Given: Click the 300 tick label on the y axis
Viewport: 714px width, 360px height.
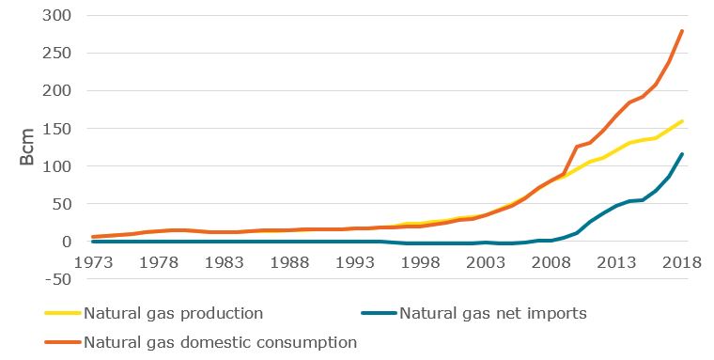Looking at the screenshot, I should [x=58, y=16].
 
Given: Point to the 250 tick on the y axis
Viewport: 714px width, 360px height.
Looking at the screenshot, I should [x=58, y=54].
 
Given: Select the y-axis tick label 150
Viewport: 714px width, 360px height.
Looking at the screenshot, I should [x=58, y=129].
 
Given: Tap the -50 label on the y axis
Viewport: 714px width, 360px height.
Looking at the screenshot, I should [x=58, y=279].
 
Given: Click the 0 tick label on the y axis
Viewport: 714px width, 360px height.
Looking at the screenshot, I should [x=68, y=242].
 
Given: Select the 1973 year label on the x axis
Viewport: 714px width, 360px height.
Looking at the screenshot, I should [x=93, y=262].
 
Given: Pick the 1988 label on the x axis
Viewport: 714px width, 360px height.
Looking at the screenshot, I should [x=289, y=262].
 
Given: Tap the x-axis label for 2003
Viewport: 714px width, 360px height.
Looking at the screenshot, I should [x=486, y=262].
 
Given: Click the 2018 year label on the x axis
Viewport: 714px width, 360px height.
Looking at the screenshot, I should [x=682, y=262].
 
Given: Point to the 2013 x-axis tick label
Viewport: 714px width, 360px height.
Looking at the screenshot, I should [x=616, y=262].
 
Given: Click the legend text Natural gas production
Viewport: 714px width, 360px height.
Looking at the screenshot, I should [x=173, y=313].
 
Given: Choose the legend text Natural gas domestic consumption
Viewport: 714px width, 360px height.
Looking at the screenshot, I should [x=221, y=342].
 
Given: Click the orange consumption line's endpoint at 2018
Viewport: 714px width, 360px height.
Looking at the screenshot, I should [x=682, y=31].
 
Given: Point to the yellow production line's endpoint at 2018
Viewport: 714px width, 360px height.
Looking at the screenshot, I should [x=682, y=121].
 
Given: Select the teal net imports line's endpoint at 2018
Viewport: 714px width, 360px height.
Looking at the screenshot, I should [x=682, y=154].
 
